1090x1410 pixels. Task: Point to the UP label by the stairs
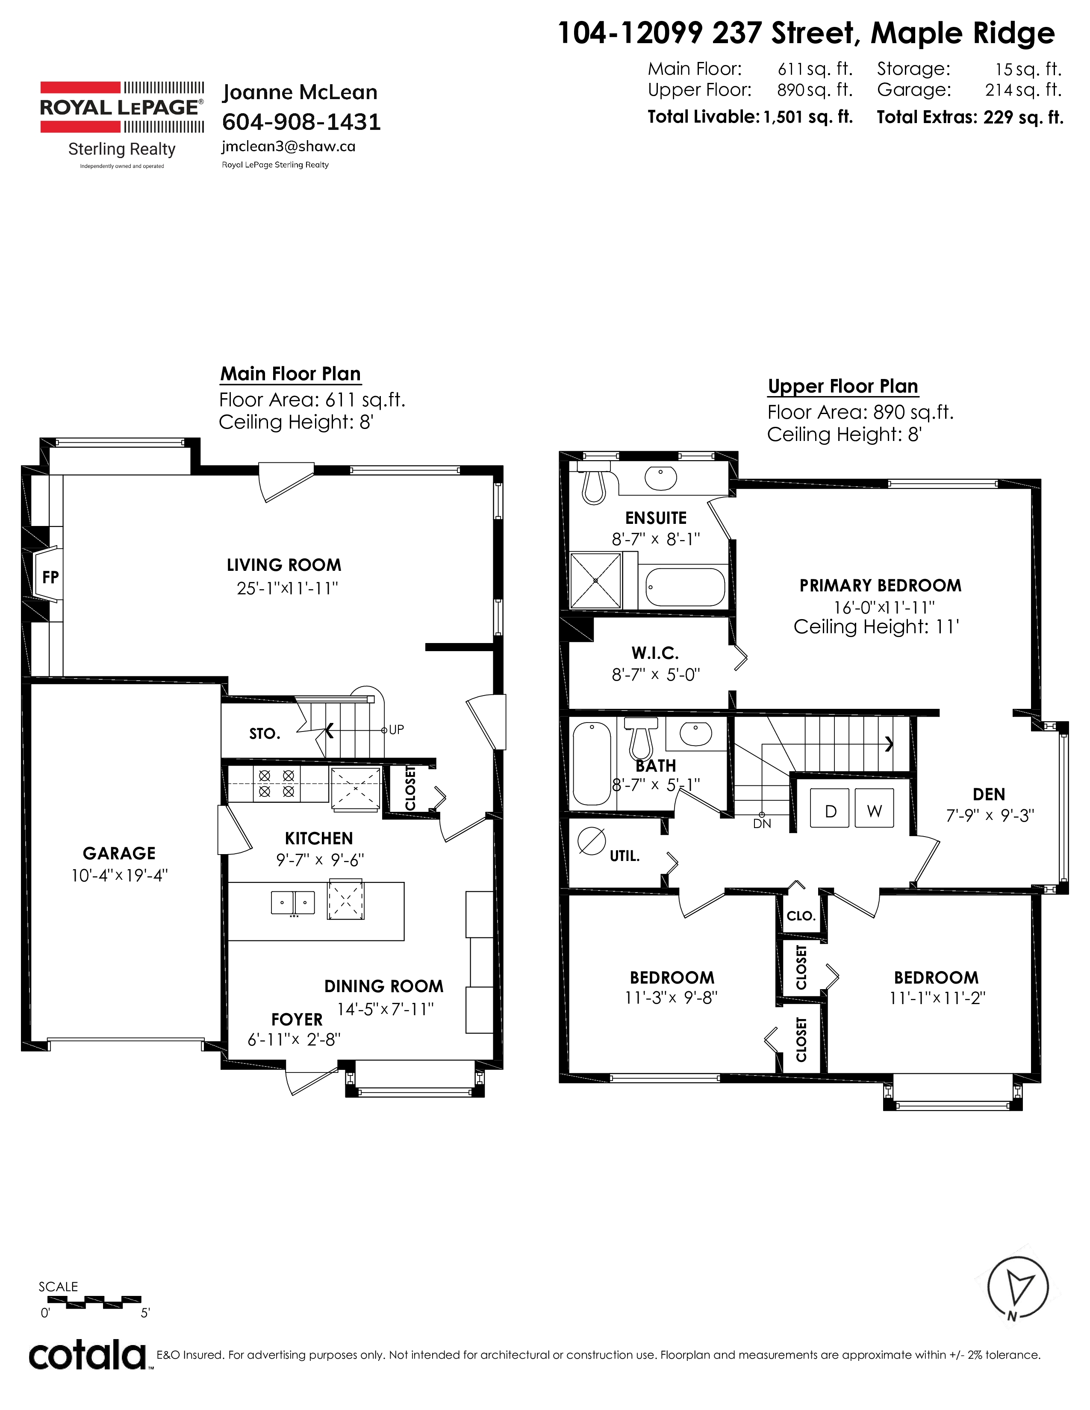click(x=396, y=729)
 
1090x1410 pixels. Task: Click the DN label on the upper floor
click(x=762, y=824)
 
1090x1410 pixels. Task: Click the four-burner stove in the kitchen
click(x=277, y=783)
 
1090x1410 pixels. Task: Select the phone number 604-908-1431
click(x=301, y=121)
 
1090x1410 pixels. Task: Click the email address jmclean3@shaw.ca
click(x=288, y=147)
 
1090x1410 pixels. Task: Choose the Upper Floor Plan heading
click(x=843, y=386)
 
